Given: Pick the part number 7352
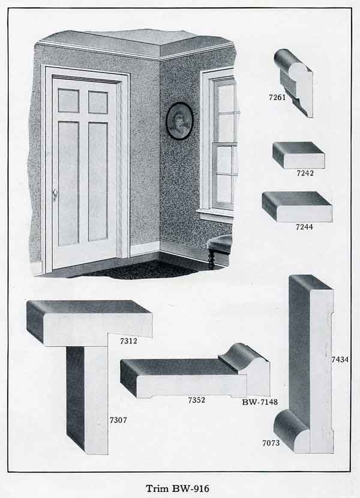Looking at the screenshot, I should tap(196, 400).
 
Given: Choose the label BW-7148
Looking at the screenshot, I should tap(260, 401).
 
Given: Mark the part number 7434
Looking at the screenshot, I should tap(340, 359).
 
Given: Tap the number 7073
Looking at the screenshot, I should tap(271, 443).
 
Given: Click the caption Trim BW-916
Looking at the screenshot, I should tap(179, 485).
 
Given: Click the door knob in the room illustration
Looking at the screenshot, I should tap(55, 193).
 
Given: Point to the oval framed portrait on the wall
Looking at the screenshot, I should tap(179, 121).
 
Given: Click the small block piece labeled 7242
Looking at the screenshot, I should tap(298, 154).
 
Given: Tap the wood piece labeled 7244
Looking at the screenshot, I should tap(297, 206).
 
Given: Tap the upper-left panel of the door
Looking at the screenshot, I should tap(68, 101).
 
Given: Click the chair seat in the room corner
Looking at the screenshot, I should tap(221, 242).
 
